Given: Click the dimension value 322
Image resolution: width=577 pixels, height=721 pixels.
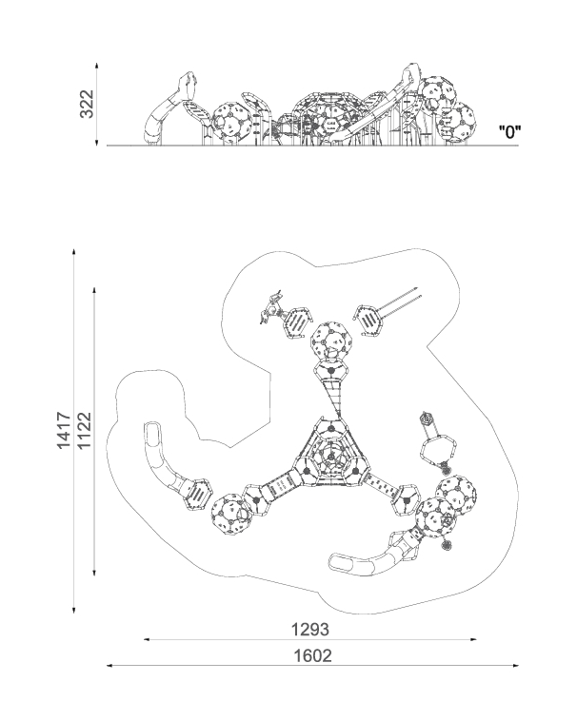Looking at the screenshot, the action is coord(87,104).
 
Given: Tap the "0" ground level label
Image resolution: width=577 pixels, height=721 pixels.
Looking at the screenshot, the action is coord(509,132).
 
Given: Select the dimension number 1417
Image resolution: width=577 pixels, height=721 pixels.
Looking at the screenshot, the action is coord(64,430).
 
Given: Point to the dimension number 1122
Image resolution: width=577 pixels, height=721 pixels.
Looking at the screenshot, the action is coord(84,430).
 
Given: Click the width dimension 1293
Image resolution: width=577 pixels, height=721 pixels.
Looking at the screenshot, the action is coord(310,630).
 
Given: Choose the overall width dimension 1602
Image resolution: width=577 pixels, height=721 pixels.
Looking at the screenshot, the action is coord(312,655).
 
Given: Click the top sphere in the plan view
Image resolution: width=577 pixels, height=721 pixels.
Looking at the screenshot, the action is coord(330,341).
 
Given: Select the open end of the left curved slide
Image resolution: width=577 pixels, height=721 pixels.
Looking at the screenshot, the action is coord(152,431).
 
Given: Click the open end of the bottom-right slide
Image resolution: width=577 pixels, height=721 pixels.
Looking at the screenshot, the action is coord(340,562).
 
